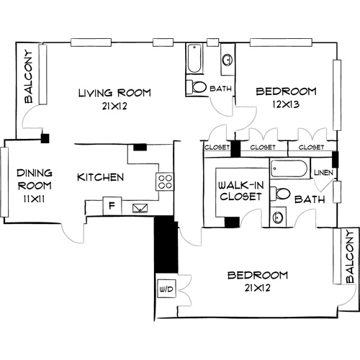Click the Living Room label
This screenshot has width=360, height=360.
pyautogui.click(x=114, y=92)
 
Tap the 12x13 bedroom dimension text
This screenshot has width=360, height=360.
pyautogui.click(x=286, y=104)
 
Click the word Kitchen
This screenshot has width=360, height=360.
pyautogui.click(x=101, y=177)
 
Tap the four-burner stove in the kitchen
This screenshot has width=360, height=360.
pyautogui.click(x=165, y=181)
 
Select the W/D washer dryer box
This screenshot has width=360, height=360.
pyautogui.click(x=164, y=290)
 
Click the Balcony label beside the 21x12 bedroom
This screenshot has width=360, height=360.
pyautogui.click(x=349, y=257)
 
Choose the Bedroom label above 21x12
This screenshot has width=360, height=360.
pyautogui.click(x=258, y=276)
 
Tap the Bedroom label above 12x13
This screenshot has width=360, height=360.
pyautogui.click(x=286, y=91)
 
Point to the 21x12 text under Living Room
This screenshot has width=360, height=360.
pyautogui.click(x=114, y=105)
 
